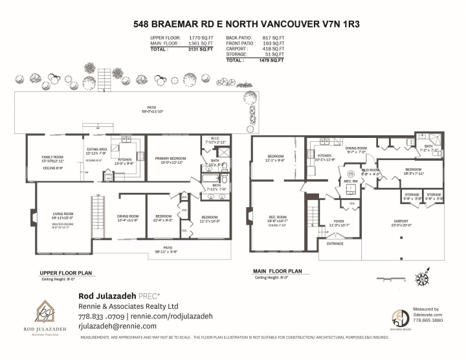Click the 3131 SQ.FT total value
coord(200,49)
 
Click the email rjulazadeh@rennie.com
coord(117,326)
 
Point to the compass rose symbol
coord(422,279)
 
